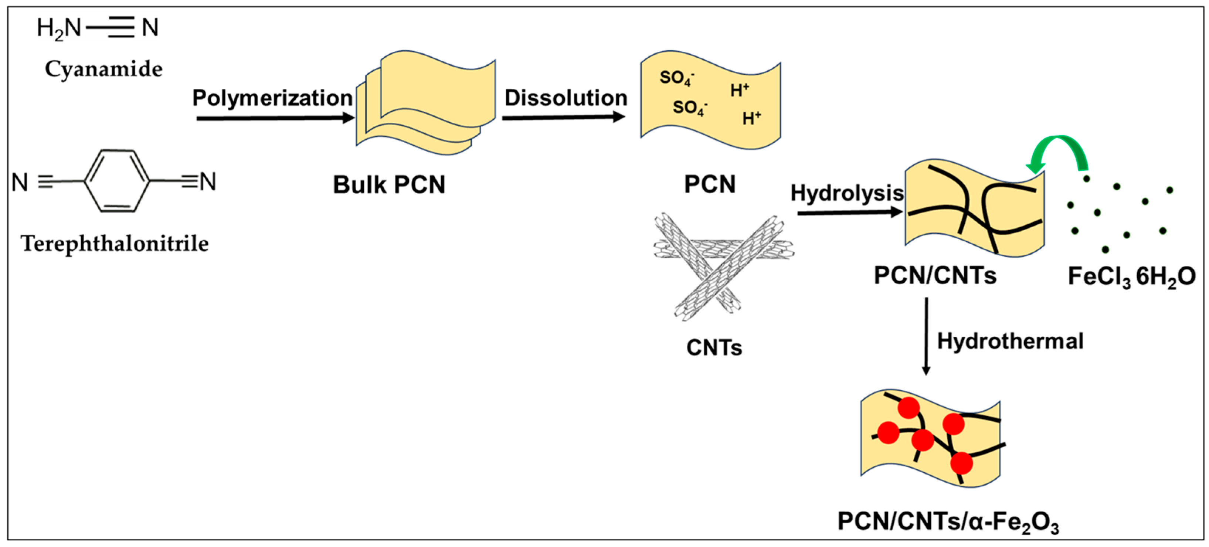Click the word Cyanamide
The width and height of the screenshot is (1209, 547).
point(103,69)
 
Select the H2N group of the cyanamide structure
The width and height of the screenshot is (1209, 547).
point(59,28)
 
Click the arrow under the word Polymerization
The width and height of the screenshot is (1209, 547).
point(275,118)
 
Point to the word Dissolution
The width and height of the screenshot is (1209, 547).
point(566,98)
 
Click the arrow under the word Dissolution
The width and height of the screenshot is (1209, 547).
point(563,117)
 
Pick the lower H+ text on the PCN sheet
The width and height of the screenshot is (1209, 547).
point(751,118)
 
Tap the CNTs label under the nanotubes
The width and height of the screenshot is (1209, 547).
point(714,348)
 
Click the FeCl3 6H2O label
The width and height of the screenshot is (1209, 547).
point(1131,277)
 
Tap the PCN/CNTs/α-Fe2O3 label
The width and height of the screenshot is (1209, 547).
point(948,521)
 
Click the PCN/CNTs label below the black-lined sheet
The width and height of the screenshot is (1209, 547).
point(935,275)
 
